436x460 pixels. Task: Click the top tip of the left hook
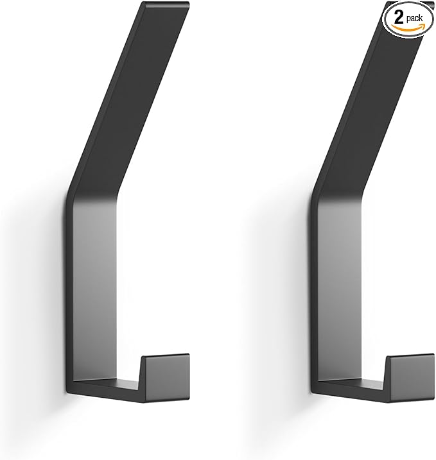coord(166,7)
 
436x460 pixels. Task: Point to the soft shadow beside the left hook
coord(48,289)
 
